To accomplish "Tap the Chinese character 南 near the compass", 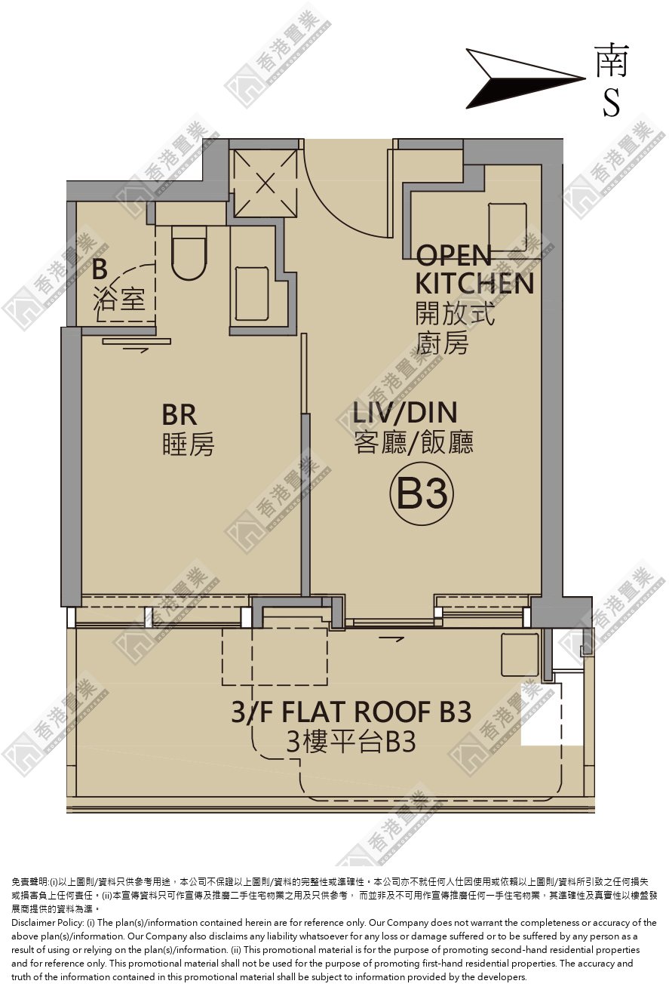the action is [612, 60].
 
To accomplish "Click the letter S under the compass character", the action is [612, 103].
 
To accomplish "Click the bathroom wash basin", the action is [252, 293].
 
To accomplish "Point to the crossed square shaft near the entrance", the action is [265, 183].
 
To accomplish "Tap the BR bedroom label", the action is [179, 415].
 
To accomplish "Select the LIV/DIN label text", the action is [404, 413].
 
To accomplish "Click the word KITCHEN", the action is [474, 284].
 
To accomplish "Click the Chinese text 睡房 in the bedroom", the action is [189, 444].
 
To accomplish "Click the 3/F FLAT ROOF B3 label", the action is [351, 712].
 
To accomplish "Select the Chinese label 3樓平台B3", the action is [351, 742].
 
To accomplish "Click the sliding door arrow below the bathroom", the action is [136, 350].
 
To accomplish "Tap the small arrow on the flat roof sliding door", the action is [391, 639].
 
